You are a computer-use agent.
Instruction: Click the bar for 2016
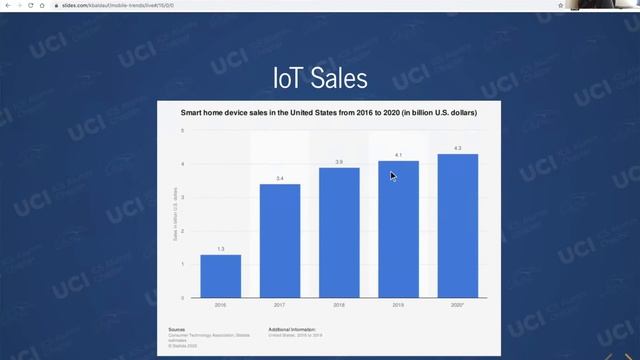220,276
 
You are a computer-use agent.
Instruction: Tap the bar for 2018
339,232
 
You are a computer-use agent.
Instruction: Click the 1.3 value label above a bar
220,248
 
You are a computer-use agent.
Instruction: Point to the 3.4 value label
280,178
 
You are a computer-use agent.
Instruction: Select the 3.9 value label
339,161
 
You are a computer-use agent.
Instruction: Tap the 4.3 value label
457,148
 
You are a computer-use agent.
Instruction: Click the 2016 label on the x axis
220,305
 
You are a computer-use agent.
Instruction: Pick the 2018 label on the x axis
339,305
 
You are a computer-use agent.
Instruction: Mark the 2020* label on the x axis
457,305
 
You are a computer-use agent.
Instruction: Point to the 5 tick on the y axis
182,130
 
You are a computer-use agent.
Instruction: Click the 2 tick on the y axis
182,231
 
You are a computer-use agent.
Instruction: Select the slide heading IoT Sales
320,77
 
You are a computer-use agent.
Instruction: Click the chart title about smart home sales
328,113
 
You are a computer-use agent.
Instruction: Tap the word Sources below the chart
177,328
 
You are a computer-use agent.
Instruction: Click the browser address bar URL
109,5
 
